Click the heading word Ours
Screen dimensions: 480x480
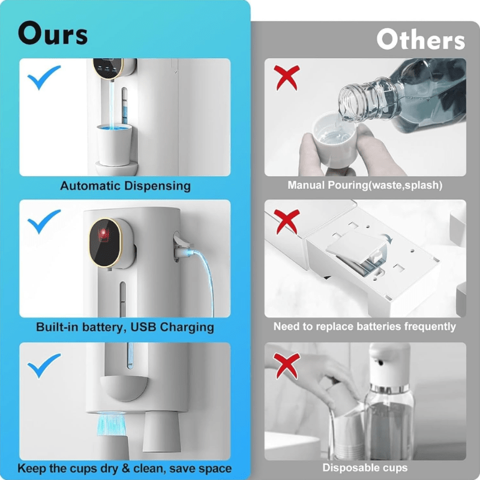[x=53, y=34]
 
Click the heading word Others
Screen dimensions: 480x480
[x=421, y=39]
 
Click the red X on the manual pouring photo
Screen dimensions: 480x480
[x=286, y=78]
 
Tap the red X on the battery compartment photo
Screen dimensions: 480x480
[x=286, y=221]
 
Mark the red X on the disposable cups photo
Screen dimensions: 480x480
[x=286, y=365]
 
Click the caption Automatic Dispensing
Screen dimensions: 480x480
[x=125, y=186]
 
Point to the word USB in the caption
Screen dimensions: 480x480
[x=143, y=326]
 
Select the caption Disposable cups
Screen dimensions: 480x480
[x=365, y=467]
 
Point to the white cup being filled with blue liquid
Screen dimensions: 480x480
[x=114, y=145]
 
